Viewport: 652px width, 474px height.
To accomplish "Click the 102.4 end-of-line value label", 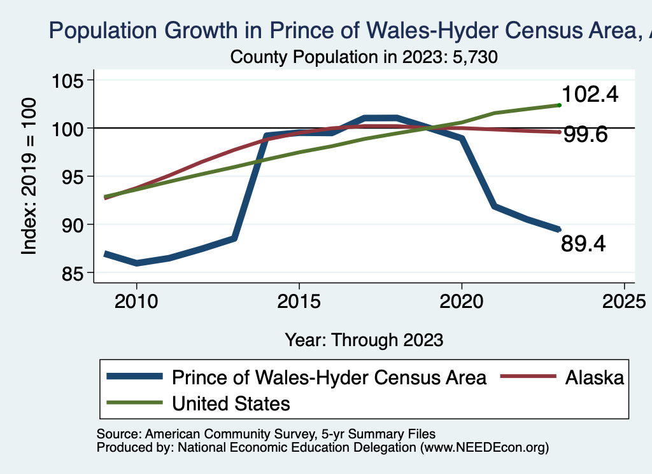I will coord(590,94).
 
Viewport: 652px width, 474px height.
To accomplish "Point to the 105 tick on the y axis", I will coord(72,81).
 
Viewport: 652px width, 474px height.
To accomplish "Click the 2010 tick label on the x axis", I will coord(136,300).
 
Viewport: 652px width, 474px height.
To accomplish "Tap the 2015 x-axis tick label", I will coord(299,300).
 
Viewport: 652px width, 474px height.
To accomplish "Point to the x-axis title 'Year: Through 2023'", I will coord(364,339).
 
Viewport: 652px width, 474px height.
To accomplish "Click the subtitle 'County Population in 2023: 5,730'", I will coord(363,57).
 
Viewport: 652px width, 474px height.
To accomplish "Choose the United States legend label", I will coord(230,403).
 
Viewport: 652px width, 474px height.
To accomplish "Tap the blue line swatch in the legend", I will coord(134,377).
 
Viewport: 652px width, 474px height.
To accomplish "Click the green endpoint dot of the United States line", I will coord(558,105).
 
